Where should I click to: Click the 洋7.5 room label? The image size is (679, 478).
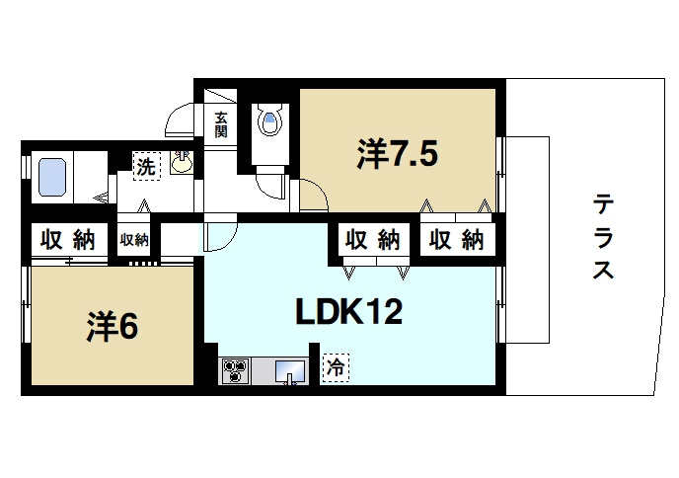(397, 155)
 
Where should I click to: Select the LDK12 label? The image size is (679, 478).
(348, 313)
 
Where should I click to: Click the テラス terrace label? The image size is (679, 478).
(604, 237)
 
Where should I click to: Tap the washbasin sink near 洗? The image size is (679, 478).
(183, 163)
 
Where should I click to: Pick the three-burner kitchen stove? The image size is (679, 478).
(236, 371)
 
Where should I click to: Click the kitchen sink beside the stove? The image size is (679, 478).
(289, 371)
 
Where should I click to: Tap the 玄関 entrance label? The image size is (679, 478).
(221, 123)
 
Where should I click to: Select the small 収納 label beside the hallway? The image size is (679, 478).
(134, 239)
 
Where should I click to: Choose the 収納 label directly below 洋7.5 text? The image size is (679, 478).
(371, 239)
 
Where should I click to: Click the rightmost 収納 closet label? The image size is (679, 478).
(457, 239)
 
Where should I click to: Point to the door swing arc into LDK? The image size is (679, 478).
(220, 237)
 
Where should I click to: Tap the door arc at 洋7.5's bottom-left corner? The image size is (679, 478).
(314, 195)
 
